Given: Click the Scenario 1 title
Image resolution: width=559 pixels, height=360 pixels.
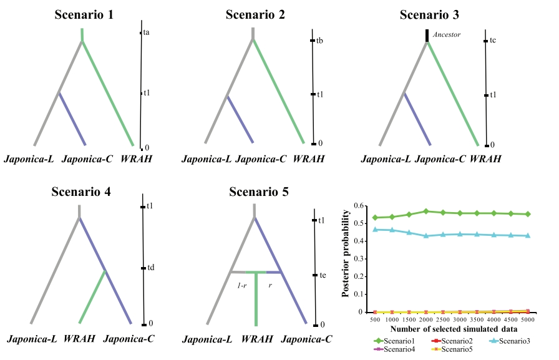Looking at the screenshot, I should coord(81,15).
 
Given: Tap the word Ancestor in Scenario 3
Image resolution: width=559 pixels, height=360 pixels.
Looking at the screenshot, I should coord(446,35).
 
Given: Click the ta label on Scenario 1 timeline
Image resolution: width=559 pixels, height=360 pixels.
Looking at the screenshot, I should coord(147,32).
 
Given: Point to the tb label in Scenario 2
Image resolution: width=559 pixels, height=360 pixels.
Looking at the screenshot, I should coord(319,41).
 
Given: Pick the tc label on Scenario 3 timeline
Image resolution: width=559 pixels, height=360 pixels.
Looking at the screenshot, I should coord(493,41).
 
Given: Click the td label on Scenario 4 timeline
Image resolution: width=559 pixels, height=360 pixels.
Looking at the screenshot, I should coord(150,268).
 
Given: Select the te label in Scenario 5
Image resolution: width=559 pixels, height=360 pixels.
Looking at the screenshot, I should coord(322,275).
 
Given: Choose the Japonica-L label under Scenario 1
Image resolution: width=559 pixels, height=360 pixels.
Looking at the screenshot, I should coord(29,160).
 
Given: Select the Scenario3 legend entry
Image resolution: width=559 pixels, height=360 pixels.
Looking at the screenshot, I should coord(516,341).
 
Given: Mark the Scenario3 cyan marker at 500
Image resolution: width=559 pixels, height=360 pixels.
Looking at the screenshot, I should coord(374,230).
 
